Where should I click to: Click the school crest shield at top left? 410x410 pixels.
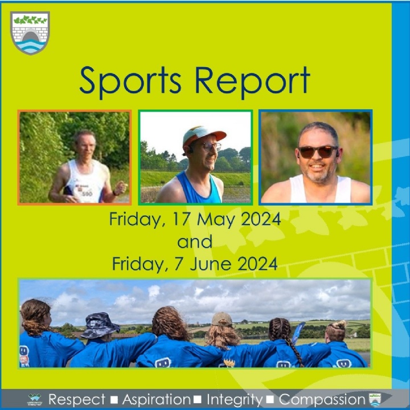(x=30, y=32)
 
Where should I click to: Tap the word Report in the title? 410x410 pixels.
(x=253, y=81)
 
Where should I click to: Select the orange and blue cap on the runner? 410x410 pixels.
(x=203, y=135)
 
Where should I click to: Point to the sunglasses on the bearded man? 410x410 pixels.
(x=317, y=152)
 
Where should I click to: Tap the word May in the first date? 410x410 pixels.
(x=216, y=220)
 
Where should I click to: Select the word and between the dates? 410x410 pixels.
(x=195, y=241)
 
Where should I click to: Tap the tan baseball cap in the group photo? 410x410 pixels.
(x=222, y=319)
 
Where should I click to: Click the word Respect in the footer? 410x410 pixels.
(x=77, y=400)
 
